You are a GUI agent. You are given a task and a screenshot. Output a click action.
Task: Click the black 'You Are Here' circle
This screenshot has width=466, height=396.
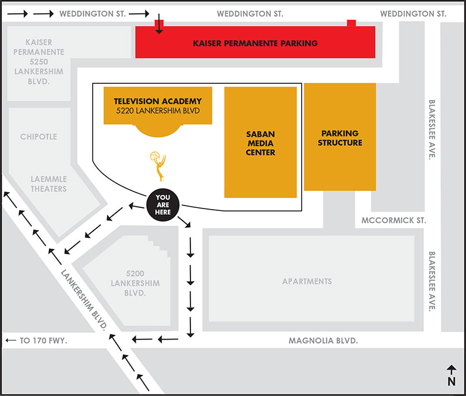click(x=163, y=204)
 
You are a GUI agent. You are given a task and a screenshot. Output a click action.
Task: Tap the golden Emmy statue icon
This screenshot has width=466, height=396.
click(x=158, y=167)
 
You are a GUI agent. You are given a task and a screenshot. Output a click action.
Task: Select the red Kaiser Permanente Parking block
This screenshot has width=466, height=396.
click(x=255, y=42)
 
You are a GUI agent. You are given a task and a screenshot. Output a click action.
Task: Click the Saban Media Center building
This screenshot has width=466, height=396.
click(x=260, y=142)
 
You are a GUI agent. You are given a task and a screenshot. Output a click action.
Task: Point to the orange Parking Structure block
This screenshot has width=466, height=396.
click(x=340, y=137)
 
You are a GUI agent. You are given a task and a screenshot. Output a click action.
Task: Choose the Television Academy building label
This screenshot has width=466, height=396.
click(x=158, y=106)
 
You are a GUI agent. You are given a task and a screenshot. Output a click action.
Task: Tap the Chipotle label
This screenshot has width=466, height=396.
click(x=38, y=137)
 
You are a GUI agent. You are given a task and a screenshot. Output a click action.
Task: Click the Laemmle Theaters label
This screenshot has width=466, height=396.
click(x=49, y=184)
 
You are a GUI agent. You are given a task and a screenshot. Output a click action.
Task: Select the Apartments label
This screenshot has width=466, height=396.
click(x=307, y=281)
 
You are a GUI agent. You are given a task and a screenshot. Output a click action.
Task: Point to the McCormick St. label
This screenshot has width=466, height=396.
click(x=394, y=221)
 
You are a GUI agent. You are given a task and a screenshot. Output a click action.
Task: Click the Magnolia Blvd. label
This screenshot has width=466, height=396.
click(x=323, y=341)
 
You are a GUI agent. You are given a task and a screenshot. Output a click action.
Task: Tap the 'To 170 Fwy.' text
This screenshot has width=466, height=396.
click(x=43, y=341)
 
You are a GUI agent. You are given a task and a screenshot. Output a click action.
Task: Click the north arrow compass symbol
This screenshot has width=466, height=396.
click(x=451, y=376)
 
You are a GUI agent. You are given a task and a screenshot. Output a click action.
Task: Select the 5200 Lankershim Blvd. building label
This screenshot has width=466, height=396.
click(x=135, y=283)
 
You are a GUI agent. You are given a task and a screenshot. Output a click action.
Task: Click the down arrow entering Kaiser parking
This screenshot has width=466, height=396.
click(x=159, y=24)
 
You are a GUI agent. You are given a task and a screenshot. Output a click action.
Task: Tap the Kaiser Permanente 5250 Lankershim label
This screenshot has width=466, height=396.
click(x=39, y=62)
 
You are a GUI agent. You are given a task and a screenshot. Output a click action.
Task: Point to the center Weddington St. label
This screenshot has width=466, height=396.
click(x=250, y=13)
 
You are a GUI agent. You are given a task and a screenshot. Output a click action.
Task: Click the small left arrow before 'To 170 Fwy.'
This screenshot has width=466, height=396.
click(x=11, y=340)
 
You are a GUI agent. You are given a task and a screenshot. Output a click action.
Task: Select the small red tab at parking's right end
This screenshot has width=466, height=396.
click(x=351, y=23)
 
